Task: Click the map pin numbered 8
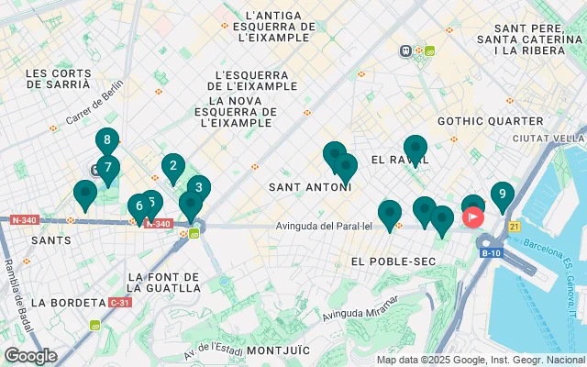(x=107, y=141)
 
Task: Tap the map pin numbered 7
(x=108, y=168)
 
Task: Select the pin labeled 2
(x=172, y=166)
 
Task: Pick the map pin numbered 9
(x=502, y=195)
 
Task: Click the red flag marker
(x=473, y=217)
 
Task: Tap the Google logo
(x=30, y=356)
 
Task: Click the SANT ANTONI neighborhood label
(x=309, y=187)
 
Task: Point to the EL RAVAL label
(x=395, y=160)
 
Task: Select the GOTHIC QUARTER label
(x=491, y=120)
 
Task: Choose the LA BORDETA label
(x=68, y=302)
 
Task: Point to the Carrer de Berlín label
(x=94, y=109)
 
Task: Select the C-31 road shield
(x=119, y=302)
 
